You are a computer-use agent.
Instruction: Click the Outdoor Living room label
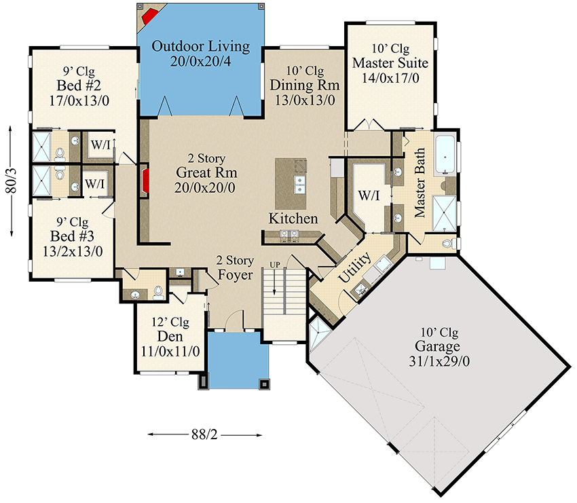click(x=200, y=47)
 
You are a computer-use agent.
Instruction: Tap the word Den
click(x=170, y=337)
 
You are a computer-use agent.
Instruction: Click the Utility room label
click(x=355, y=267)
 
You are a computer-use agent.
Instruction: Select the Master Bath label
click(x=420, y=183)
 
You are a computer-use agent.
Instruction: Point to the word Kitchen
click(x=293, y=219)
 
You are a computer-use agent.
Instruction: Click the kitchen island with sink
click(x=291, y=184)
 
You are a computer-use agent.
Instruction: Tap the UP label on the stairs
click(x=274, y=263)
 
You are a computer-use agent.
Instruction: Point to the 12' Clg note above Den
click(x=170, y=322)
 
